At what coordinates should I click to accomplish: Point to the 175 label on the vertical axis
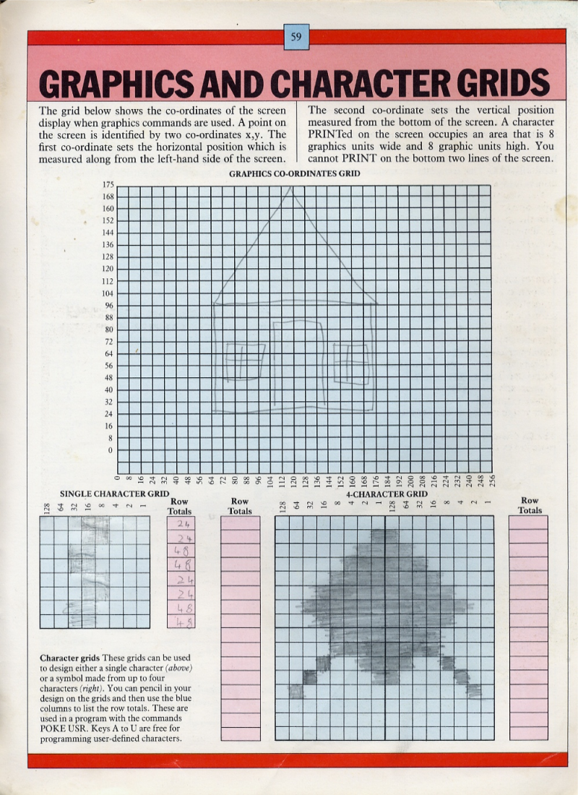108,185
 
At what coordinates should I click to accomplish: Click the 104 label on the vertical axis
108,293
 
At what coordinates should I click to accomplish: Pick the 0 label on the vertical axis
111,450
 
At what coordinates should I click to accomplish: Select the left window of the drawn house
243,361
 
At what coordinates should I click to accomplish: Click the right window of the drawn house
351,363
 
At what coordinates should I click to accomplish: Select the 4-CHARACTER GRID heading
387,494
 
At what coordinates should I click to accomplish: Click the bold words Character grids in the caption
70,658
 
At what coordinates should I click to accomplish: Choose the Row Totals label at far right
530,505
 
